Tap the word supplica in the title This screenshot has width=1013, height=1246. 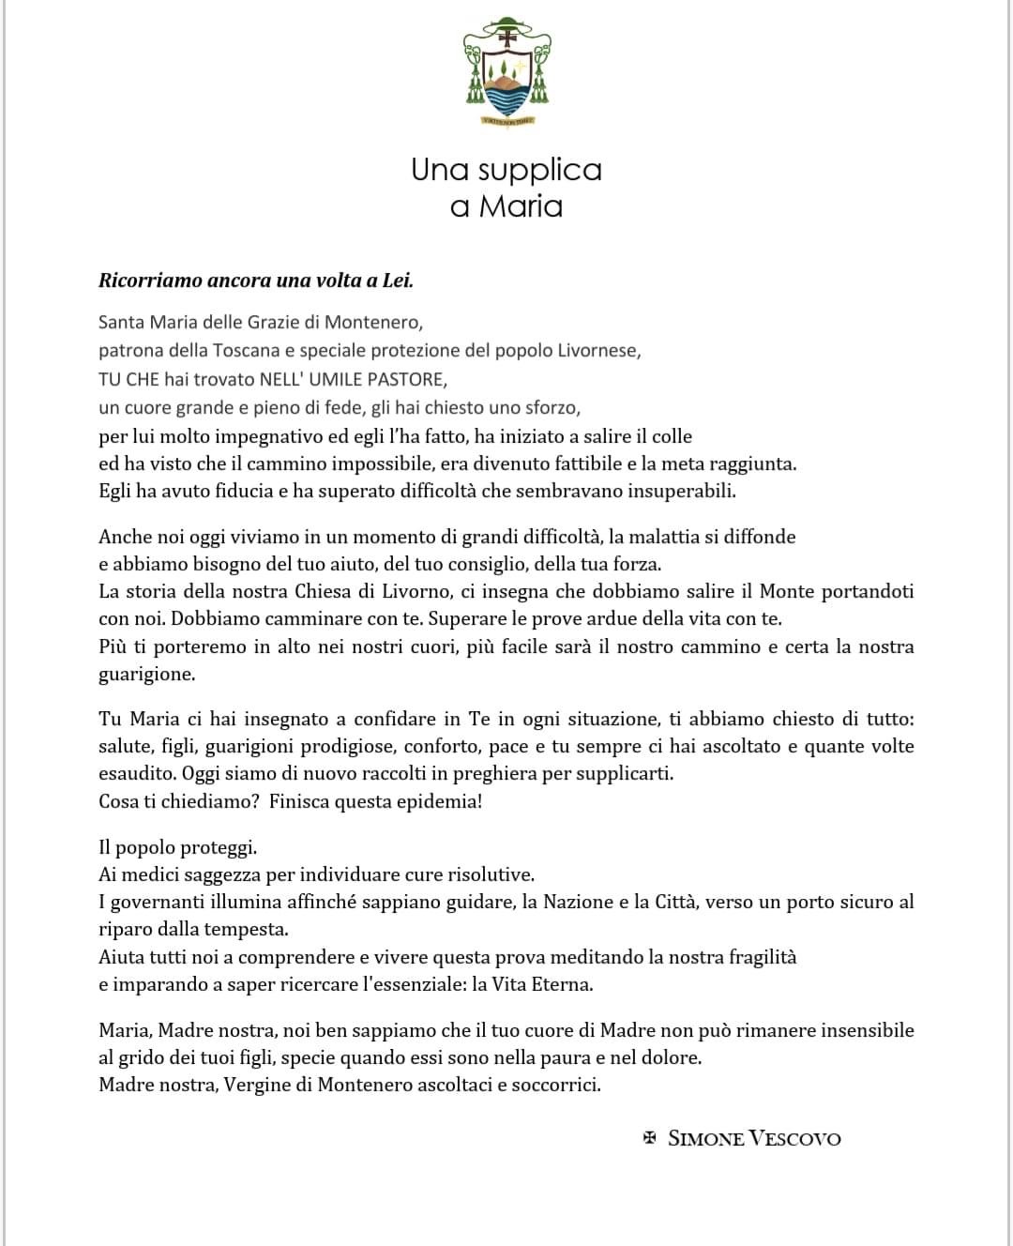click(539, 170)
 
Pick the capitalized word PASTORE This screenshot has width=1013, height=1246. click(402, 379)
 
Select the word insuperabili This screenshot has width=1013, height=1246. click(681, 491)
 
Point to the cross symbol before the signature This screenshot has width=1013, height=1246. click(649, 1138)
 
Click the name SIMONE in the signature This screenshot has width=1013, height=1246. click(705, 1139)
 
